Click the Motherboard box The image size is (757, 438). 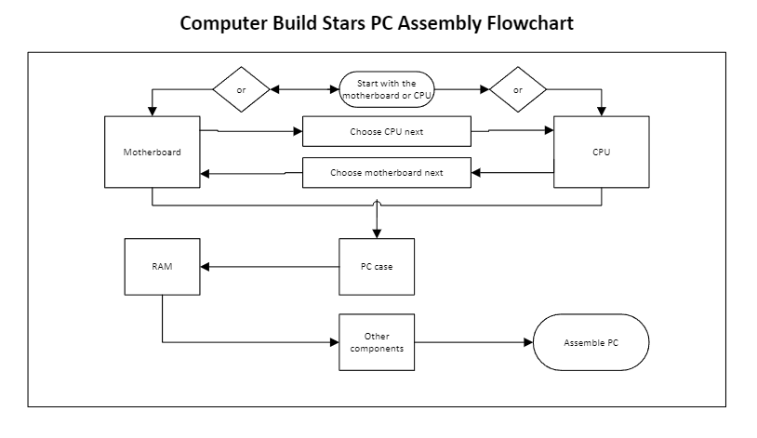point(153,152)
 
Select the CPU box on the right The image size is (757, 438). point(601,152)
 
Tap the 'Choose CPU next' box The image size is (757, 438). point(387,131)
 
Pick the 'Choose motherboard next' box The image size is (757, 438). point(387,173)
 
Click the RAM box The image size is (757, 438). point(162,267)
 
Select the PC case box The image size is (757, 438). point(376,267)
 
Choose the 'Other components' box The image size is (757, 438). point(376,340)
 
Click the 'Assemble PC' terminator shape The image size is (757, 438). point(591,341)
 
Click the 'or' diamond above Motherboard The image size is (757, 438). point(242,90)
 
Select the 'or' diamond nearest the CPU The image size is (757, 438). point(518,90)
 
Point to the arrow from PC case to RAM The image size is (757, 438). point(270,267)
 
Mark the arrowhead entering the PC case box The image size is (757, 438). point(377,233)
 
